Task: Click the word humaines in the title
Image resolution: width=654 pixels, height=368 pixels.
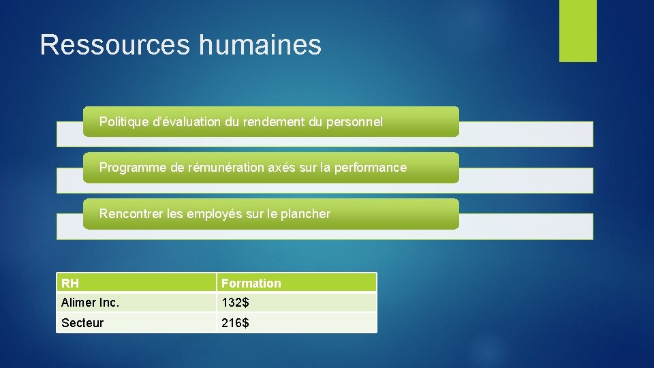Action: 260,45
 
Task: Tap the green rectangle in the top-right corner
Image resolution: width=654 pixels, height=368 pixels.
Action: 578,31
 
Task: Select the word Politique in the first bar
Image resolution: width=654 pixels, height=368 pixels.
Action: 123,122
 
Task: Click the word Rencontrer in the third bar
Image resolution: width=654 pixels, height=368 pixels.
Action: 131,214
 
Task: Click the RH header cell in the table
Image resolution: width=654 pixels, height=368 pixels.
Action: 70,283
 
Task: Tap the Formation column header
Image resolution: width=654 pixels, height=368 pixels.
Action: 251,283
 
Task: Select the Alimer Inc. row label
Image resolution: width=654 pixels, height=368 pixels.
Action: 90,302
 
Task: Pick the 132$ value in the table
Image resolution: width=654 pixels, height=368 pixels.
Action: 235,302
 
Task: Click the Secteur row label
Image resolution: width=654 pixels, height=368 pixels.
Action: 82,322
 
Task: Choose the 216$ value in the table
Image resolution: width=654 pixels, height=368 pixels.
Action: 235,322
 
